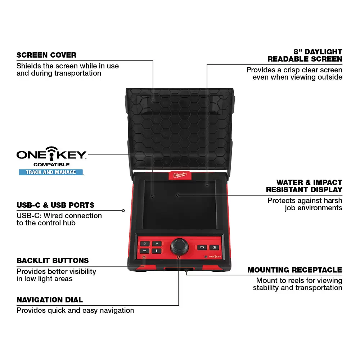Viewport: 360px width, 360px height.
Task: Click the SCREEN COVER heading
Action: pos(46,55)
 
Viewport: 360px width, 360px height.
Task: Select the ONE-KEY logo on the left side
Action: pos(51,154)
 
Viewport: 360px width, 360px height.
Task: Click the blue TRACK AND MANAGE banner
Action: pos(51,172)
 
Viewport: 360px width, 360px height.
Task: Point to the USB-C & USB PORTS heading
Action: pos(55,205)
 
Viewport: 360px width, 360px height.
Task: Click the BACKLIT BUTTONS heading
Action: pos(53,261)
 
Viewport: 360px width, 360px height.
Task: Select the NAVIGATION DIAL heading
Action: pos(50,300)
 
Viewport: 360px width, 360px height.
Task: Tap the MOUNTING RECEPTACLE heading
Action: pos(294,270)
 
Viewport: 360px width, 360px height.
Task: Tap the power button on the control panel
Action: pos(145,244)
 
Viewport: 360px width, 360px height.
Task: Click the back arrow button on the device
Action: pos(144,251)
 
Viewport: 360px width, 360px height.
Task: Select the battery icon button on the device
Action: pos(202,247)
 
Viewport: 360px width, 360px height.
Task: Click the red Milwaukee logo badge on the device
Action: pos(180,175)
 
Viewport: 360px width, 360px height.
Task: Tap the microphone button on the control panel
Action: pos(157,251)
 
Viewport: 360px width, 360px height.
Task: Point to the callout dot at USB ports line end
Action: pos(123,211)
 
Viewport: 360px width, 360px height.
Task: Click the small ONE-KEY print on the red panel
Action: pos(215,257)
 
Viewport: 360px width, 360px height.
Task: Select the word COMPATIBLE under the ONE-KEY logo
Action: pos(51,165)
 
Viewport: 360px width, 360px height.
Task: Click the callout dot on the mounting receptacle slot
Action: pos(186,271)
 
